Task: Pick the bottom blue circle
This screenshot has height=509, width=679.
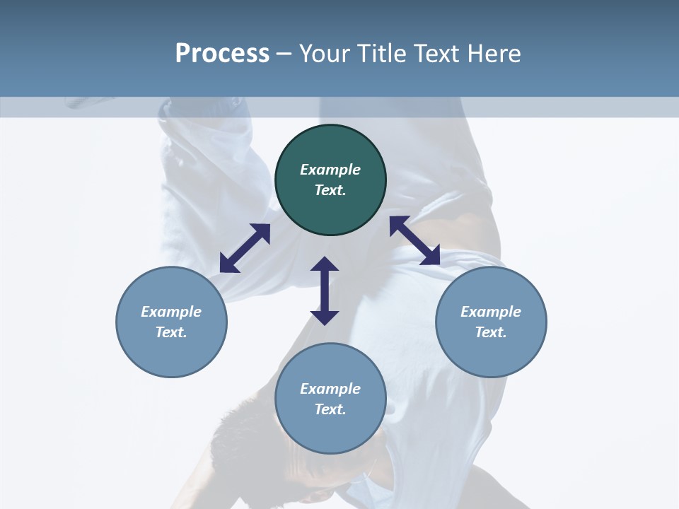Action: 330,431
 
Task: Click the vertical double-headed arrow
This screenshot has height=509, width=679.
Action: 325,291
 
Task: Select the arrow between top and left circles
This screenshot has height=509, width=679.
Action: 245,248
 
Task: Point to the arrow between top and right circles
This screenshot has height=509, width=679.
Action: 414,240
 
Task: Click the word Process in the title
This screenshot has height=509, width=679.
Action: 222,54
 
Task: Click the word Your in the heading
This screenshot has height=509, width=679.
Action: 323,54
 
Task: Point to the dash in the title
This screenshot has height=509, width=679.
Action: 284,54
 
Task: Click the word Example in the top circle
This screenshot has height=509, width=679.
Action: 330,170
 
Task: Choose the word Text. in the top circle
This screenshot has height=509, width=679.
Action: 330,190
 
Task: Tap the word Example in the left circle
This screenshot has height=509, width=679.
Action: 171,312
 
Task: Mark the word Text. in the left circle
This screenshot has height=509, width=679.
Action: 171,332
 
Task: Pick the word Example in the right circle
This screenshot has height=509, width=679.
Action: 491,312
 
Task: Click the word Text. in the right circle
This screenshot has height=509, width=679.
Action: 491,332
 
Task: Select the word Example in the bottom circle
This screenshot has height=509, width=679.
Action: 330,389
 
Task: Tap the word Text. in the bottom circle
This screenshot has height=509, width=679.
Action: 330,409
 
